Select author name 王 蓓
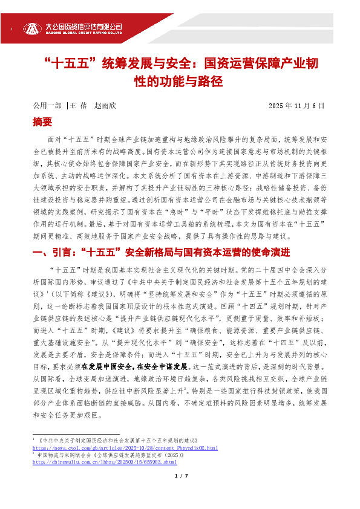tap(79, 105)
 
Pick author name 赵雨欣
tap(105, 105)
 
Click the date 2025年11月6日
tap(296, 105)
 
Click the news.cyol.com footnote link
tap(124, 447)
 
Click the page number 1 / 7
tap(180, 493)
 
